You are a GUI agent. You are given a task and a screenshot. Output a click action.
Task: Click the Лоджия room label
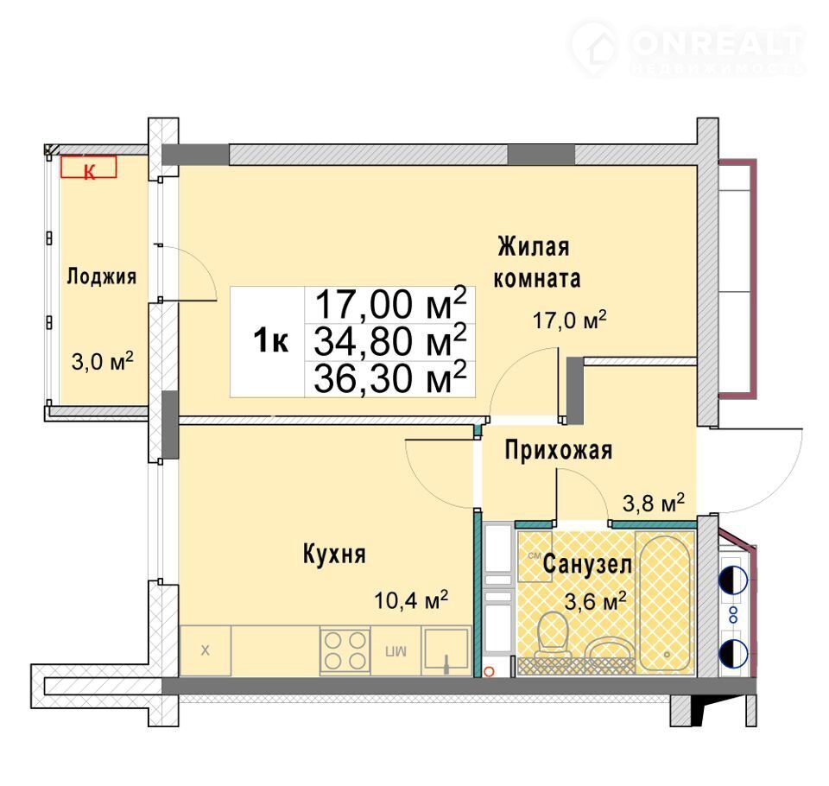tap(102, 276)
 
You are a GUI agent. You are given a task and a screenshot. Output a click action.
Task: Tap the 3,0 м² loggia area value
tap(102, 361)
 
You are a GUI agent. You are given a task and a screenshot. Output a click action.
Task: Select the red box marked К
tap(89, 168)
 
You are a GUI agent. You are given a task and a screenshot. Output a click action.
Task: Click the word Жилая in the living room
tap(534, 247)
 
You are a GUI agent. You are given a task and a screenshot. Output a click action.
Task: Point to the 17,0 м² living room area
tap(569, 320)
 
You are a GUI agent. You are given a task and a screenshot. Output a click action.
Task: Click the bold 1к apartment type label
tap(270, 340)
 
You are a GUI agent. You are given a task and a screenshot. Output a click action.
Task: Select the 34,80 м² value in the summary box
tap(390, 341)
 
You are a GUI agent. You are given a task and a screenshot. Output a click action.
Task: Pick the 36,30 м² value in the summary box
tap(390, 378)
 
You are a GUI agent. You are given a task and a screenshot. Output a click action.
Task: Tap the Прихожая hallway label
tap(559, 451)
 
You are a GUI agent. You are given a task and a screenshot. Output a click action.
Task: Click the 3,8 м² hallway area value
tap(654, 503)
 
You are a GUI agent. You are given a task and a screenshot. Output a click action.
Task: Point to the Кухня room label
tap(334, 555)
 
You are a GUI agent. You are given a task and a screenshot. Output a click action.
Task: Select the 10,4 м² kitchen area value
tap(411, 600)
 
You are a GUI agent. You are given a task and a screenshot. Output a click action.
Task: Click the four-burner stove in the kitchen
tap(345, 651)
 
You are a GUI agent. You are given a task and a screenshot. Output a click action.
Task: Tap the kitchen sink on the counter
tap(446, 651)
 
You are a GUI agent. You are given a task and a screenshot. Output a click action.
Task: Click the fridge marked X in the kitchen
tap(206, 650)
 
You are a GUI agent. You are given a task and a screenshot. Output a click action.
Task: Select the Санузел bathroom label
tap(587, 564)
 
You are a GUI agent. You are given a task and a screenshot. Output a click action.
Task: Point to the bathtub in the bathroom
tap(665, 603)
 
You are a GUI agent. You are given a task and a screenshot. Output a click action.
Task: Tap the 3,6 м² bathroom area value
tap(596, 601)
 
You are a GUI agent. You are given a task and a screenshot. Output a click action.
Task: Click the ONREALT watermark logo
tap(687, 48)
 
